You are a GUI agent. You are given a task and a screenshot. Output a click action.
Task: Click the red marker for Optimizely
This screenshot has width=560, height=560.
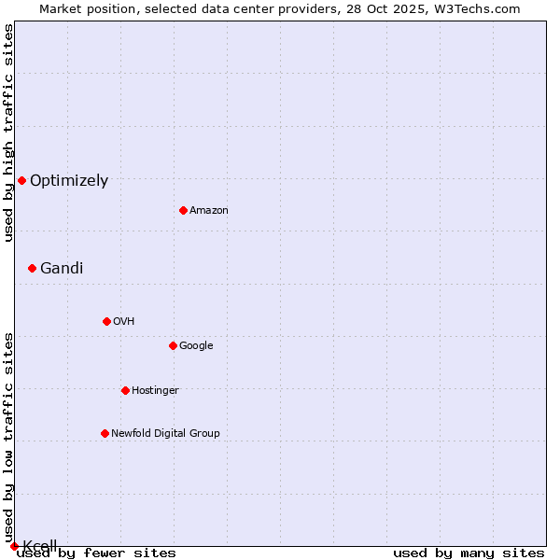tap(21, 180)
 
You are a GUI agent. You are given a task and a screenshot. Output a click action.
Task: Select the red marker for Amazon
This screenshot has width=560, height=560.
tap(183, 210)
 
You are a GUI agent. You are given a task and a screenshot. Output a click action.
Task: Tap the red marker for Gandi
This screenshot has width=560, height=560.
tap(32, 268)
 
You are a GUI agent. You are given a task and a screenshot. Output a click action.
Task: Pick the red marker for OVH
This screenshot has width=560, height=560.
tap(106, 321)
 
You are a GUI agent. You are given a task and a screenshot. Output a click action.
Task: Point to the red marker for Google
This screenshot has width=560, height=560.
tap(173, 345)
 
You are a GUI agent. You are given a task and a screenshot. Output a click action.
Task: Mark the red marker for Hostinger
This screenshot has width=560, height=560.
tap(125, 390)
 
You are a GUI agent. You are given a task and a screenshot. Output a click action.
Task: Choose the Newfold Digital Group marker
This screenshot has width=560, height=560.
tap(105, 433)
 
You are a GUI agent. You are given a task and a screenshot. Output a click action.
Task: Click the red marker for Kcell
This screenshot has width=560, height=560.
tap(14, 546)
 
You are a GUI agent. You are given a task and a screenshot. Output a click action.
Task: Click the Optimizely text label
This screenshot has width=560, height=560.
tap(69, 181)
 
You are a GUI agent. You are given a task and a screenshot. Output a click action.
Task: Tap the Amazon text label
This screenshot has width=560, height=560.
tap(209, 211)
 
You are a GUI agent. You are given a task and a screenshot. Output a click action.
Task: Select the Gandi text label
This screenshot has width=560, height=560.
tap(62, 269)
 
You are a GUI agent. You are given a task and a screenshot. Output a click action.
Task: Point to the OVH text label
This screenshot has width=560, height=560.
tap(124, 322)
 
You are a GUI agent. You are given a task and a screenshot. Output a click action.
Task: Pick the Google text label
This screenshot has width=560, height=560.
tap(196, 346)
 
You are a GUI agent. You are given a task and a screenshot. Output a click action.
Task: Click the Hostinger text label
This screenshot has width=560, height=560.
tap(155, 391)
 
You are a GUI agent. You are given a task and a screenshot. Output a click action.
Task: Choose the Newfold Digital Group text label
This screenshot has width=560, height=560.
tap(165, 434)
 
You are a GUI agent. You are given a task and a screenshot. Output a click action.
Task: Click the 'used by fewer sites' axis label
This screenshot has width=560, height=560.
tap(96, 553)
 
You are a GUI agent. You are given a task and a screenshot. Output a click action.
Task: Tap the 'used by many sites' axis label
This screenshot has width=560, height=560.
tap(469, 553)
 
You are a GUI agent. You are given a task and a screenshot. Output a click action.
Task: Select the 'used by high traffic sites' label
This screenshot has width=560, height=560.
tap(9, 133)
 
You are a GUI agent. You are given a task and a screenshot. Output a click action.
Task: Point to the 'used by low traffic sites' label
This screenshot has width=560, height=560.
tap(9, 437)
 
